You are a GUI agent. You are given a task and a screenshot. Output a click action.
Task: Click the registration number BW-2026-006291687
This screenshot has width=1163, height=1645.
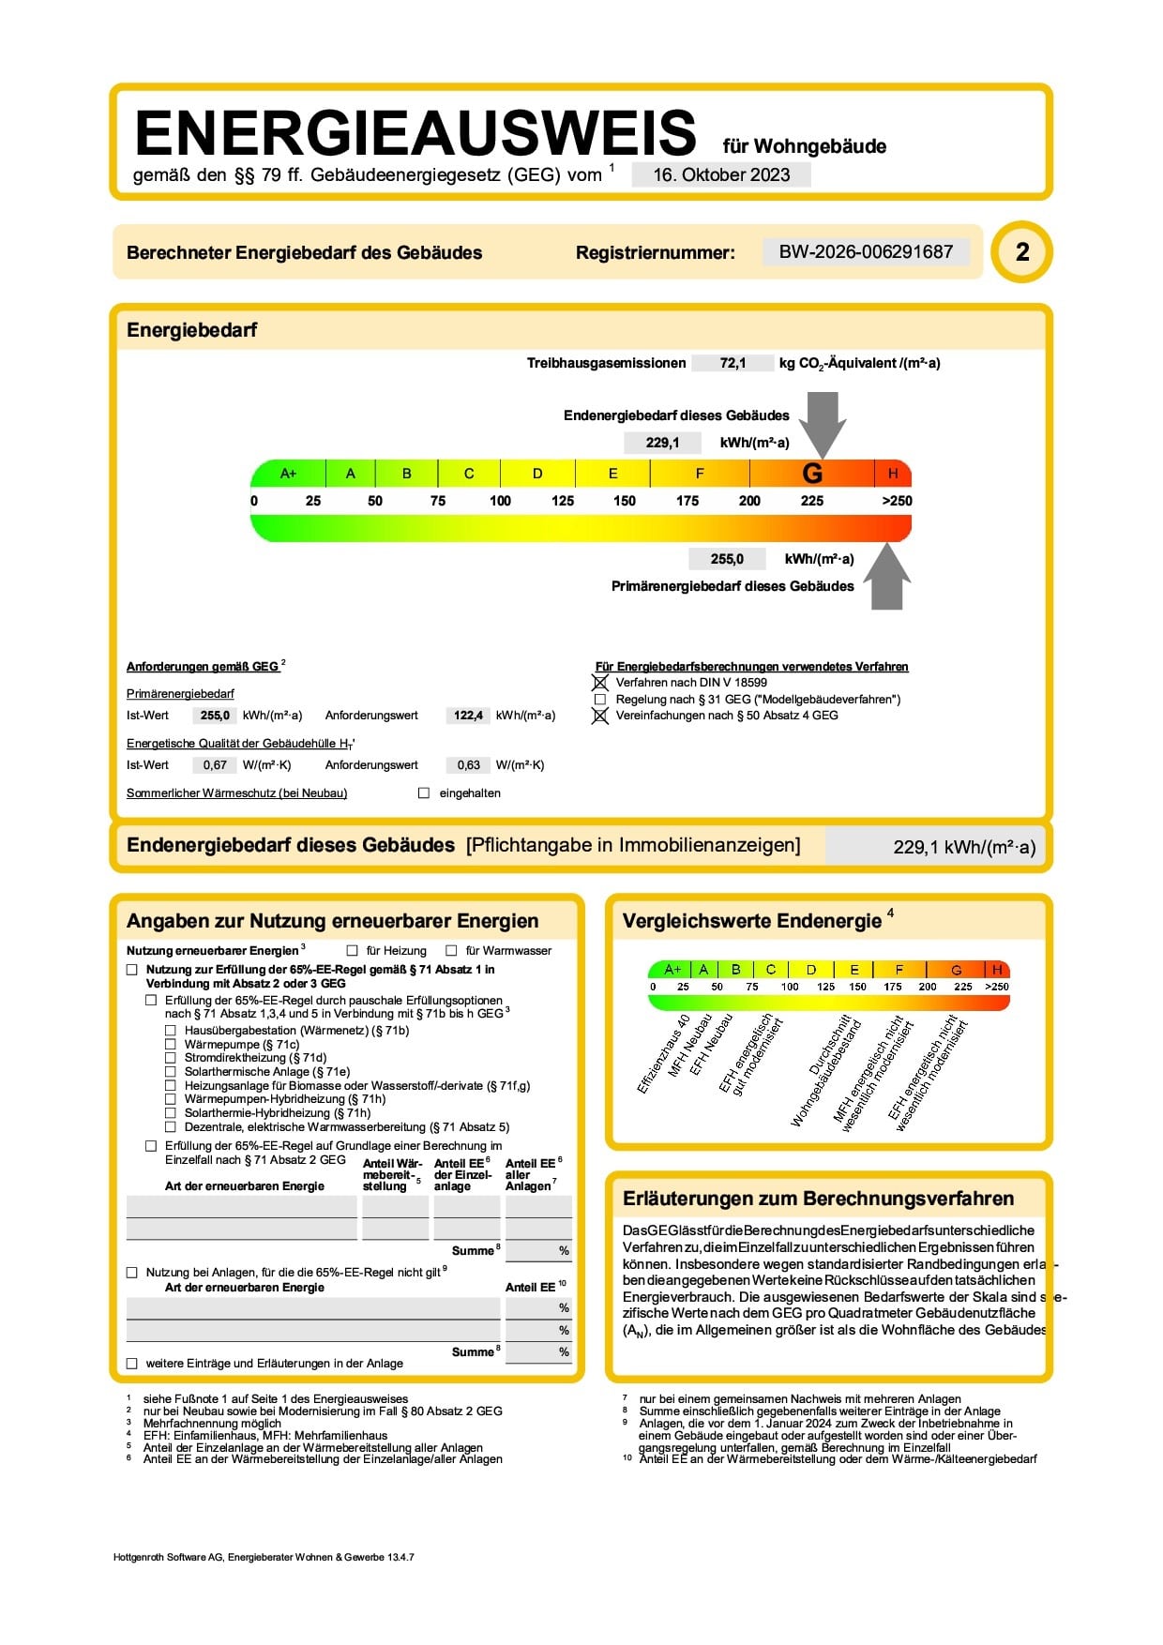[x=866, y=251]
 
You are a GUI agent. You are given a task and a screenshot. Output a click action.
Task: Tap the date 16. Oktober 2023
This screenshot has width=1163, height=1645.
[x=721, y=174]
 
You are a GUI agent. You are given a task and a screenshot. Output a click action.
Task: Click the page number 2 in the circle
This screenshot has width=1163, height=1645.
[x=1022, y=251]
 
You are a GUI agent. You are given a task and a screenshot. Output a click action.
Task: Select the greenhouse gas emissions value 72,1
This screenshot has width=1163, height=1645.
[x=733, y=363]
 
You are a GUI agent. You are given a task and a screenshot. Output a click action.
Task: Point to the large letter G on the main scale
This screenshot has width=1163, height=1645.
[x=812, y=474]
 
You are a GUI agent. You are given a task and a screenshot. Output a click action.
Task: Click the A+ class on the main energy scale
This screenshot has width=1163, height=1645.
[x=288, y=474]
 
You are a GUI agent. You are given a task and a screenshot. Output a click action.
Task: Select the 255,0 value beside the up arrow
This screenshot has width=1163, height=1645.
[x=727, y=559]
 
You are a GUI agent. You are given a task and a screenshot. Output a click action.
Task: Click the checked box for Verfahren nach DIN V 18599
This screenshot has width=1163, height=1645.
[x=600, y=683]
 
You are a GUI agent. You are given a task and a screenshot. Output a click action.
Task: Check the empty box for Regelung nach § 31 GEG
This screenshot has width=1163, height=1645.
[x=600, y=700]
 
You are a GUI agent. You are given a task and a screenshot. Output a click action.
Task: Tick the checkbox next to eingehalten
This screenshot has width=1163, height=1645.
[x=424, y=793]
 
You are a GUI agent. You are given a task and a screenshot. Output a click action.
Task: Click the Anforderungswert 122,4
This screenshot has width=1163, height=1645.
[x=468, y=716]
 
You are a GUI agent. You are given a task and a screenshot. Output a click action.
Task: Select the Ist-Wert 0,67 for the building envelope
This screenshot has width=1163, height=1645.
[x=215, y=765]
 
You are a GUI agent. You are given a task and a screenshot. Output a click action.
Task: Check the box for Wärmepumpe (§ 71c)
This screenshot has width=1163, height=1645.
[x=171, y=1044]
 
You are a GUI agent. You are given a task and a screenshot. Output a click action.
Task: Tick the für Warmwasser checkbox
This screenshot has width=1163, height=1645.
[x=452, y=951]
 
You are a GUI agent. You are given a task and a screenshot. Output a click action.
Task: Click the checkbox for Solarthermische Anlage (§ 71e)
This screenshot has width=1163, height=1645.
[x=171, y=1071]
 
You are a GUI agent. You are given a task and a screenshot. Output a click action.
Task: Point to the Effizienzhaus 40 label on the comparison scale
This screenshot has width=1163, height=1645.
[x=663, y=1055]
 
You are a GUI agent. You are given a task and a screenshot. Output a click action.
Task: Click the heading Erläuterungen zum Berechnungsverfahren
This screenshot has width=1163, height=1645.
[x=818, y=1199]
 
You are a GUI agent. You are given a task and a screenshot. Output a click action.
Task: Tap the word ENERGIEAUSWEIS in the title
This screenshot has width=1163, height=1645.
[x=415, y=133]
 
